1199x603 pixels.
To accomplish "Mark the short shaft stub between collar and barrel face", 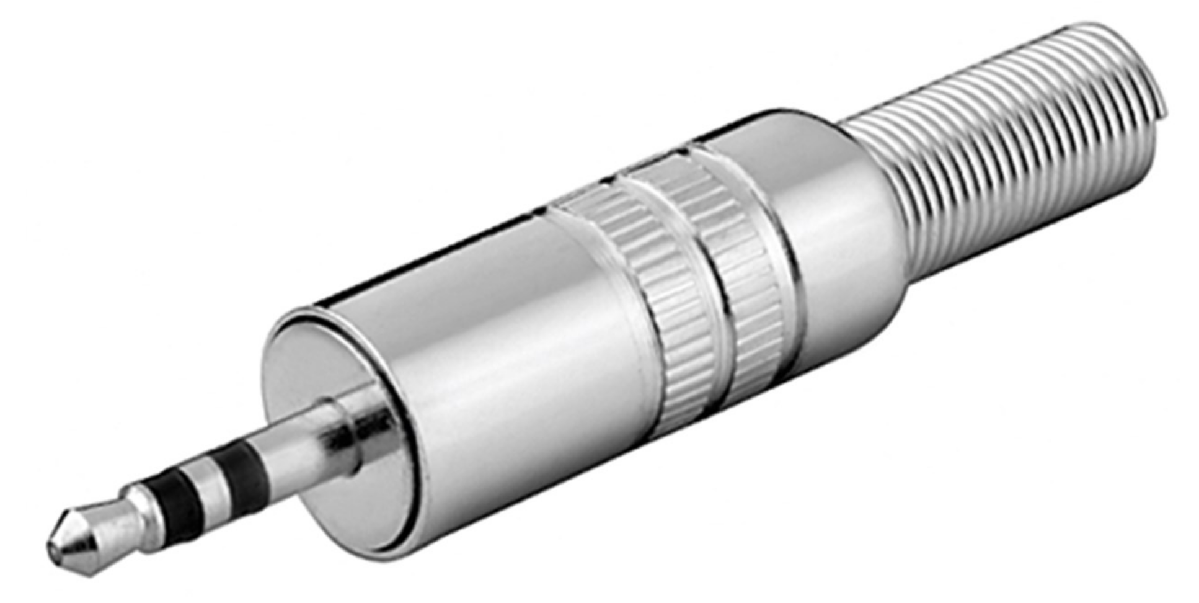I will (372, 422).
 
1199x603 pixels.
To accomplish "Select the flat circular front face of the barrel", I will (310, 372).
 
